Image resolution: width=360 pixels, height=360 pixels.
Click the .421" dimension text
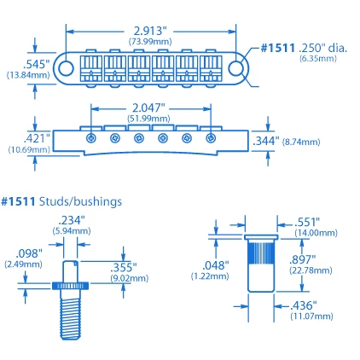(36, 136)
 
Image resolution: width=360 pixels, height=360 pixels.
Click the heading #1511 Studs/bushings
(61, 202)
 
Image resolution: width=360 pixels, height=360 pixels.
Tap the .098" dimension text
(28, 253)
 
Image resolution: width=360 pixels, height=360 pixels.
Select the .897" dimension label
(302, 259)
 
